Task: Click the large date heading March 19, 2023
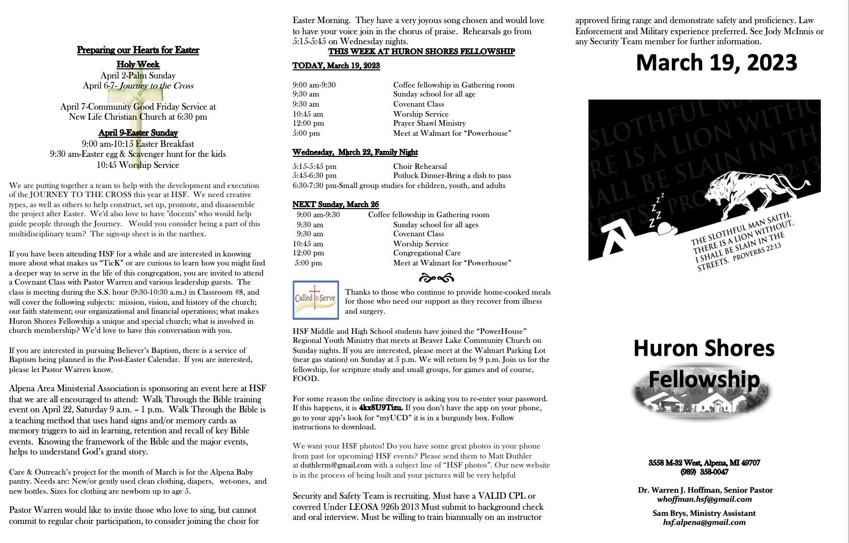click(x=716, y=63)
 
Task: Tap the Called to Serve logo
click(x=315, y=300)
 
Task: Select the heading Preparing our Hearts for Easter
click(x=138, y=50)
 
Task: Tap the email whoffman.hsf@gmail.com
click(x=704, y=499)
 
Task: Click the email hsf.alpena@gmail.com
click(x=704, y=522)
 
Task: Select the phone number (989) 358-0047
click(x=704, y=472)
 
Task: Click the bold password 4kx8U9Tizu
click(x=381, y=408)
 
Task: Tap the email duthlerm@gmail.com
click(x=332, y=465)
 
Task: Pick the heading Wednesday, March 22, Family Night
click(x=355, y=152)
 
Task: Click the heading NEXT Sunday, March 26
click(x=335, y=205)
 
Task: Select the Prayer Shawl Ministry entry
click(x=429, y=123)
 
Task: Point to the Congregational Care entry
click(x=427, y=253)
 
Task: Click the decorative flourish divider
click(x=436, y=278)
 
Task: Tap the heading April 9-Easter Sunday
click(x=138, y=133)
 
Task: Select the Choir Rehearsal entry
click(x=420, y=166)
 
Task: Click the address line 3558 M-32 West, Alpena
click(x=704, y=463)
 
